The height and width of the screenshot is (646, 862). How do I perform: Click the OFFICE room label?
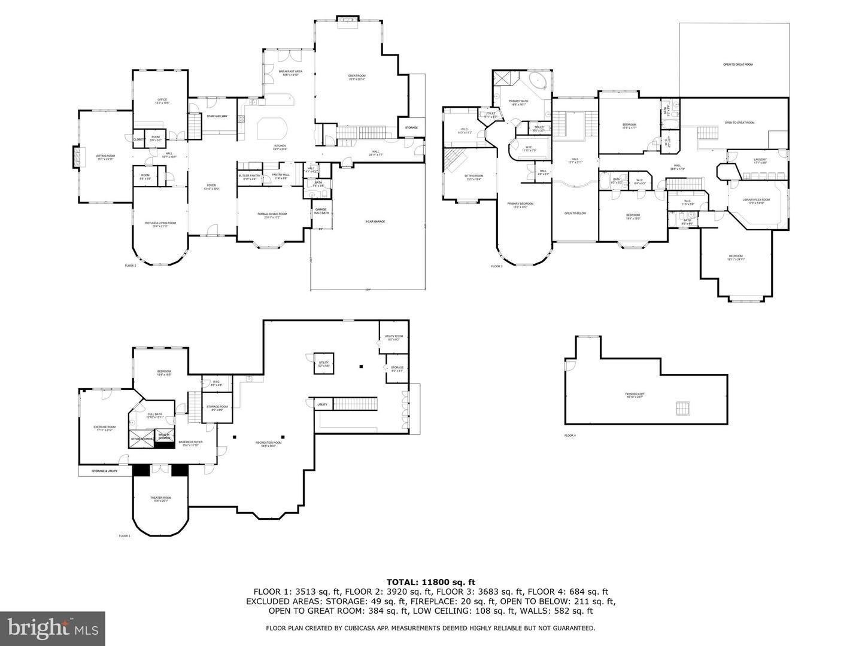click(x=162, y=100)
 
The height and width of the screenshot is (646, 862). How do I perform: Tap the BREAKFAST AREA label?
click(x=290, y=72)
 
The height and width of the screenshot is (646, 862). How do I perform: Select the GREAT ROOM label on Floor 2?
click(x=357, y=76)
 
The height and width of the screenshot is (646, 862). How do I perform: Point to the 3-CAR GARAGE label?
click(x=375, y=221)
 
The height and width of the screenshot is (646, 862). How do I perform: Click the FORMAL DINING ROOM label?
click(x=272, y=214)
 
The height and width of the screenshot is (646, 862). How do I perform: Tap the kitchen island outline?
click(x=272, y=128)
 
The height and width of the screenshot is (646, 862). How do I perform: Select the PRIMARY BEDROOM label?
click(x=520, y=204)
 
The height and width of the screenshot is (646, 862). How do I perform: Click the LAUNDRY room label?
click(x=760, y=160)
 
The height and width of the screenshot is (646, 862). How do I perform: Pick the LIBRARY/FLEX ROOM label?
click(x=755, y=200)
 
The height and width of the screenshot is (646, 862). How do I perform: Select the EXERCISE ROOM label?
click(x=104, y=427)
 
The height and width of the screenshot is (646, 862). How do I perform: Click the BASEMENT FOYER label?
click(x=190, y=443)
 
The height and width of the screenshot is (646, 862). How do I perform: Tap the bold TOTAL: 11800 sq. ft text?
click(x=430, y=581)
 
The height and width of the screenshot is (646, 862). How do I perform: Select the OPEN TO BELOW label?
click(x=575, y=214)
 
